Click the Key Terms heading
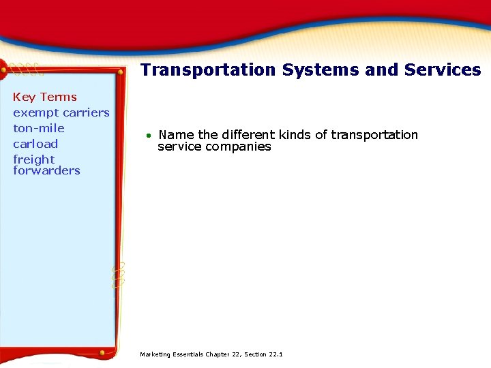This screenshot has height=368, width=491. [x=45, y=97]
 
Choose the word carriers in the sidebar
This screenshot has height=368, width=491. [x=85, y=112]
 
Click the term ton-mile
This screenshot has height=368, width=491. [x=39, y=128]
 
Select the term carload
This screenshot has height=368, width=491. [x=35, y=144]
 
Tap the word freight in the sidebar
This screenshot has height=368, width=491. [x=33, y=159]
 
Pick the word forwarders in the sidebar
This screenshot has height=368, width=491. [x=46, y=170]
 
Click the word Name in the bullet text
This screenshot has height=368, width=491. [x=176, y=135]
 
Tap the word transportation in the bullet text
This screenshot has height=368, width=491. [x=374, y=135]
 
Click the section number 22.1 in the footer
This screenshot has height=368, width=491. [x=276, y=354]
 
